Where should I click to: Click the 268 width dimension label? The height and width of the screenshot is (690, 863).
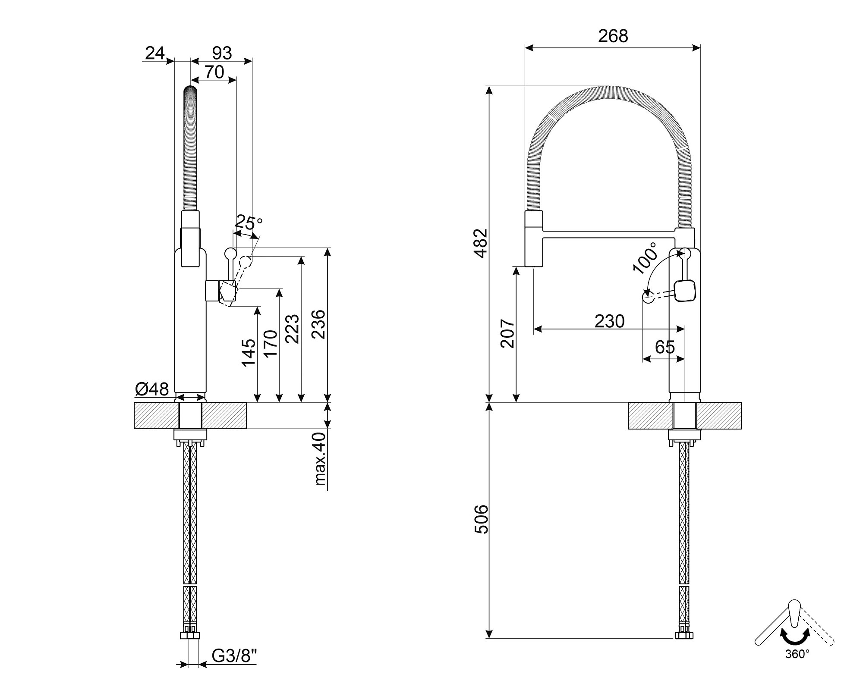pyautogui.click(x=613, y=36)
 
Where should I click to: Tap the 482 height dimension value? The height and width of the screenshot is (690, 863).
pyautogui.click(x=481, y=243)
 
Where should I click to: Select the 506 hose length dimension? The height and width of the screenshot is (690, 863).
pyautogui.click(x=481, y=519)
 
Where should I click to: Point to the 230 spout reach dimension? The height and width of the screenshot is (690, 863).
pyautogui.click(x=609, y=321)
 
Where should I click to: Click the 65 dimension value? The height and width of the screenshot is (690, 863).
pyautogui.click(x=665, y=347)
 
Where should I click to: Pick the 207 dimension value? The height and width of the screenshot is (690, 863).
pyautogui.click(x=507, y=333)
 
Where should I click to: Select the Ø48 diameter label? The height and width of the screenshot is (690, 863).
pyautogui.click(x=152, y=389)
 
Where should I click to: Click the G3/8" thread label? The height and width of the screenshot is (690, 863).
pyautogui.click(x=234, y=656)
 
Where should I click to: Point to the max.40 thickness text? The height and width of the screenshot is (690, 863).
pyautogui.click(x=320, y=458)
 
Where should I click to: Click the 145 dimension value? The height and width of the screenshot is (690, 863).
pyautogui.click(x=249, y=353)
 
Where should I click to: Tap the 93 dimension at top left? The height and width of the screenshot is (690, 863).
pyautogui.click(x=222, y=53)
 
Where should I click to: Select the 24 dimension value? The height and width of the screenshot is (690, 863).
pyautogui.click(x=155, y=53)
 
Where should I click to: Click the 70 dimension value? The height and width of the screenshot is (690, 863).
pyautogui.click(x=214, y=72)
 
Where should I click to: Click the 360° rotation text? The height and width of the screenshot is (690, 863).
pyautogui.click(x=797, y=666)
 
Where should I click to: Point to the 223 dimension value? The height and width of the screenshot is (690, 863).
pyautogui.click(x=292, y=329)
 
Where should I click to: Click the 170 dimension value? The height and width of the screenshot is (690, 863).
pyautogui.click(x=270, y=344)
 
